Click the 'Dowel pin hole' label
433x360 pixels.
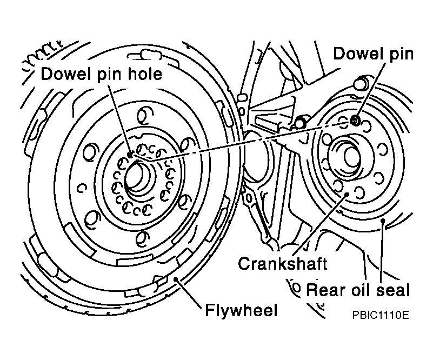[101, 74]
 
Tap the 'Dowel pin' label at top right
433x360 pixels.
[374, 54]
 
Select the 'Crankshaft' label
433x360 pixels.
[283, 263]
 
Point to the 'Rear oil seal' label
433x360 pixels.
[358, 290]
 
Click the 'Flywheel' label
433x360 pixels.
[241, 310]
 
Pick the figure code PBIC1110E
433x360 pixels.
[380, 315]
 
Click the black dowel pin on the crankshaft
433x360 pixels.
[354, 121]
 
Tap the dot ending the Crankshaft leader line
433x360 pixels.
[347, 194]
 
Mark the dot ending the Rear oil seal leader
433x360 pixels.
[383, 221]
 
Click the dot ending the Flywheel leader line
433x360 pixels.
[176, 279]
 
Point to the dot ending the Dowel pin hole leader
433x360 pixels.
[130, 156]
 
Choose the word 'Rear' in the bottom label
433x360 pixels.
[324, 290]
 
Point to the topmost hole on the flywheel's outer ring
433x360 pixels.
[145, 115]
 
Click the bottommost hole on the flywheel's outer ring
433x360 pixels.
[143, 238]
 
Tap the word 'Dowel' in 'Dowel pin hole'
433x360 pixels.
[66, 74]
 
